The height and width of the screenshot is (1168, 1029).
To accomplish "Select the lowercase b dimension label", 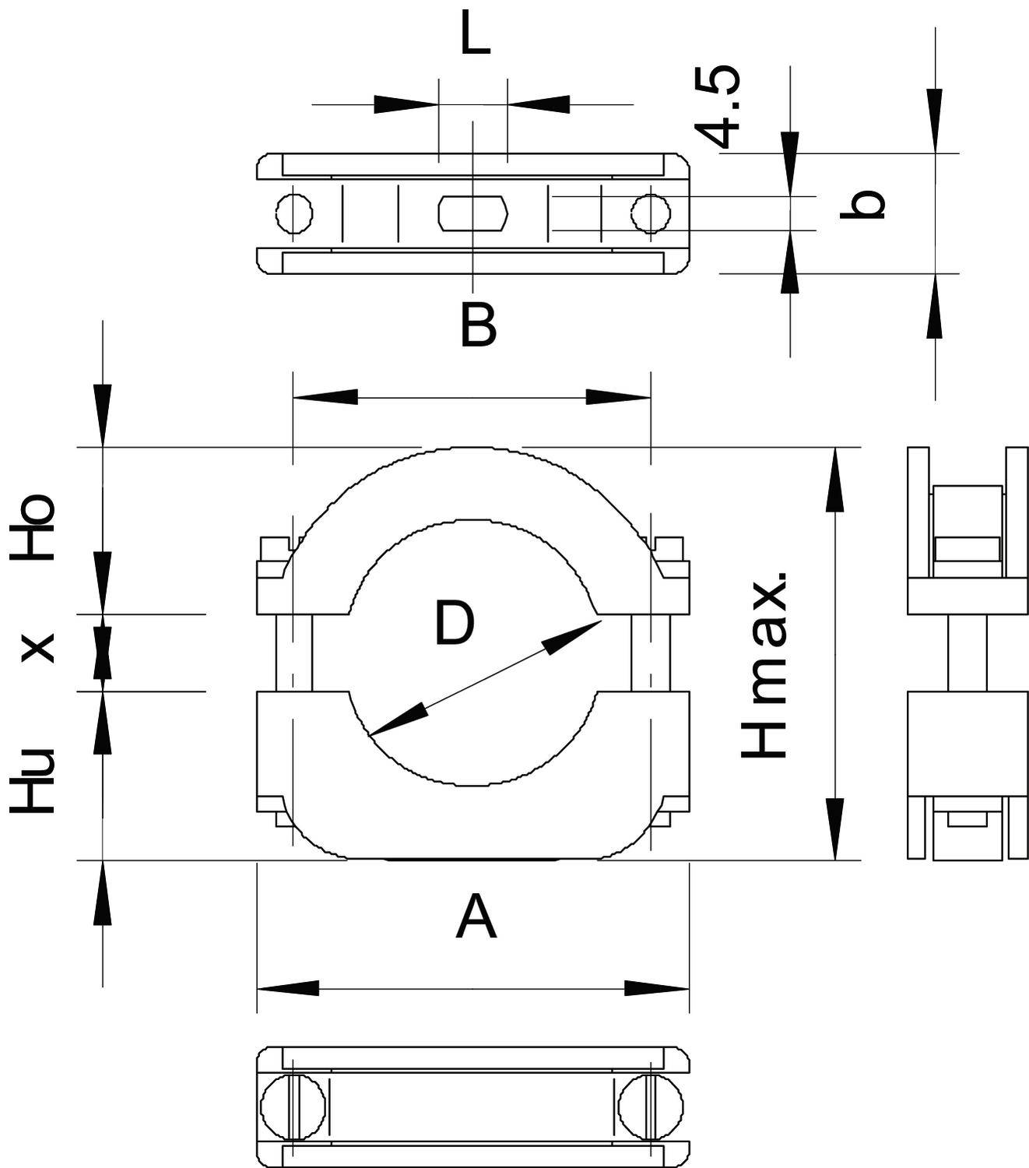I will (x=862, y=204).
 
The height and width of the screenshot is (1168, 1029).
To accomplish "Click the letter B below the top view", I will (x=478, y=325).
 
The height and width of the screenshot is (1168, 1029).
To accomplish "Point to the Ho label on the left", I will (x=33, y=527).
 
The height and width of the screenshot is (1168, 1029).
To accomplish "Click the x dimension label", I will (x=37, y=647).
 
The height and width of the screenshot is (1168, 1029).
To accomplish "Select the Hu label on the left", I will (x=33, y=781).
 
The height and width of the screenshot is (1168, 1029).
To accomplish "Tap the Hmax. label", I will (x=764, y=665).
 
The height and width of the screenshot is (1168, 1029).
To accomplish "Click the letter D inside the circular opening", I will (x=454, y=623).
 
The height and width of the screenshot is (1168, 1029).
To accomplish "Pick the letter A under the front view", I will (x=476, y=918).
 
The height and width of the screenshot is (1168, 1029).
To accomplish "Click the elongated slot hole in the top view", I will (x=473, y=213).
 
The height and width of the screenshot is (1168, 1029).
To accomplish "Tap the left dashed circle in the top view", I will (x=294, y=213).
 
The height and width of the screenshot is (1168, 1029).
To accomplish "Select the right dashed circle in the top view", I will (x=651, y=213).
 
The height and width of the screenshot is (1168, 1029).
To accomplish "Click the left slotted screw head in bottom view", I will (x=292, y=1105).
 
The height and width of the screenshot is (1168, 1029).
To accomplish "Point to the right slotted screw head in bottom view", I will (x=651, y=1105).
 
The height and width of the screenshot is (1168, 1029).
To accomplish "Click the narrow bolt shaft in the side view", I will (x=967, y=652).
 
